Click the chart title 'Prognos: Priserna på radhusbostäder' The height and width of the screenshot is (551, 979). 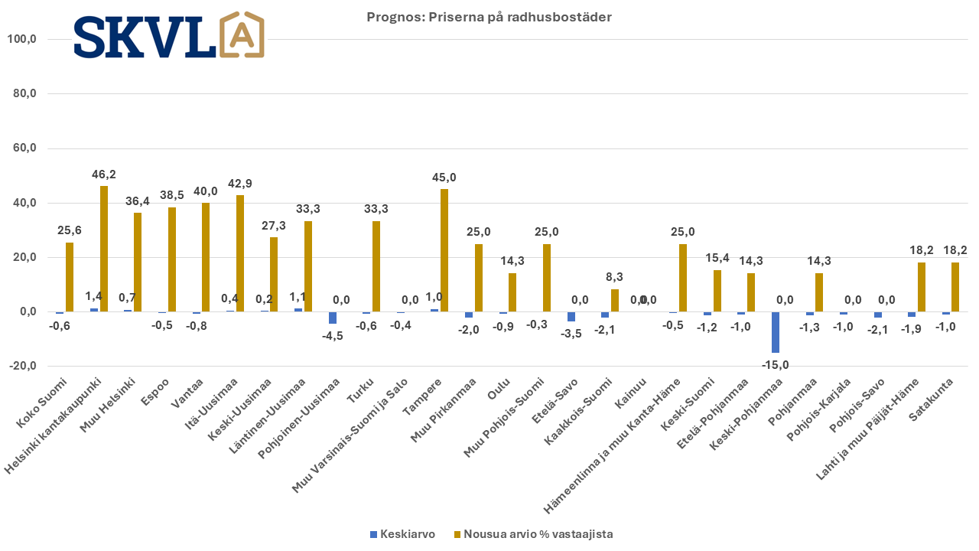point(489,17)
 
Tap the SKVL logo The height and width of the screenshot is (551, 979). point(169,35)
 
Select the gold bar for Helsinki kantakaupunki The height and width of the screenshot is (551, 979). point(104,249)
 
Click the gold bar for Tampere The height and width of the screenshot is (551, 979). point(444,250)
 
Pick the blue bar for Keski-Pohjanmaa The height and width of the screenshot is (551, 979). point(776,332)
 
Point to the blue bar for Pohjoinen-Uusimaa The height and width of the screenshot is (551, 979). point(333,318)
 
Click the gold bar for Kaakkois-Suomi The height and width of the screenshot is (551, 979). point(614,301)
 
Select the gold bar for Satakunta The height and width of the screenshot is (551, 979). point(955,287)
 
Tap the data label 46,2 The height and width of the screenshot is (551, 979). point(103,174)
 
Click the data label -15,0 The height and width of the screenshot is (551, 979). point(776,365)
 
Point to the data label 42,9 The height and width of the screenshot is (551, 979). point(240,183)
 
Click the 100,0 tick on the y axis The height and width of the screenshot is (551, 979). point(22,39)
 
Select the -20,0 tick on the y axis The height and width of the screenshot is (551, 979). point(23,366)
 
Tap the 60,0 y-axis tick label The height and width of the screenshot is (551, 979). point(24,148)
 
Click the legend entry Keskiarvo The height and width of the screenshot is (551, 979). point(402,534)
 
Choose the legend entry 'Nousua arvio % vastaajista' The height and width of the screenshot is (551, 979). point(534,534)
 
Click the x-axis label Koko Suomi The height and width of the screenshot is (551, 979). point(41,403)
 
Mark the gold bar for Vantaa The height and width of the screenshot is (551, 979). point(206,257)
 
